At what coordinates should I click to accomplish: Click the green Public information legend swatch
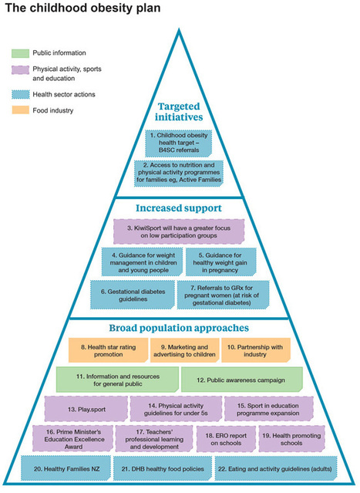20,53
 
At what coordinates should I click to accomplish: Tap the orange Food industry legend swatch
20,110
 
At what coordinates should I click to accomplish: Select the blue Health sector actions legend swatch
20,94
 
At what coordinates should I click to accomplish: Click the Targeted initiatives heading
179,112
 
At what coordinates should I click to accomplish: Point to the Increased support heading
179,208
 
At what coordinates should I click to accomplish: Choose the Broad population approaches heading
179,328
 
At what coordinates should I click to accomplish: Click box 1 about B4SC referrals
178,143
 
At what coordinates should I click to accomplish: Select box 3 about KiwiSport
179,231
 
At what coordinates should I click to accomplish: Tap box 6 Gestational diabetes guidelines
133,295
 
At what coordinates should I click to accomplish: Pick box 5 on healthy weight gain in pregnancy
220,262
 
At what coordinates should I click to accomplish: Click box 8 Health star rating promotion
108,350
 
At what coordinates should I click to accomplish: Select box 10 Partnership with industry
256,350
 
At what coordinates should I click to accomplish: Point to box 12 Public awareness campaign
242,380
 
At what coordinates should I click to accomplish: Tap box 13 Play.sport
86,409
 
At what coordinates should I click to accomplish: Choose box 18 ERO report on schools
226,439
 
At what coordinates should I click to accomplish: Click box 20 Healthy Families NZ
66,468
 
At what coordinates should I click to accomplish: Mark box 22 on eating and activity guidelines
276,468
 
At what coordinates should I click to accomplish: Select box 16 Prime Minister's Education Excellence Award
72,439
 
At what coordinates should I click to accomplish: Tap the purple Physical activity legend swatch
20,69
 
